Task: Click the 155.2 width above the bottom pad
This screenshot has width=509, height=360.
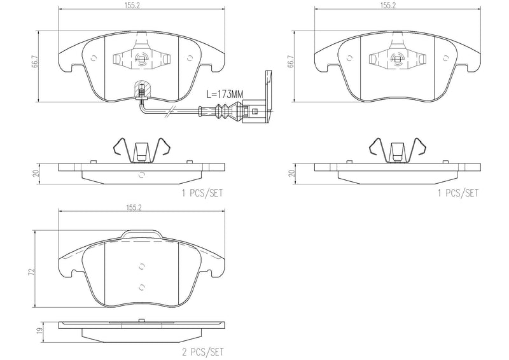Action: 134,207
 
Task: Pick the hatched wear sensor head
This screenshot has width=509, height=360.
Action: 141,89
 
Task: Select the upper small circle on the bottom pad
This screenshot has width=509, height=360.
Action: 141,267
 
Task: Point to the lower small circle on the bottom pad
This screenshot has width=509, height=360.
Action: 141,287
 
